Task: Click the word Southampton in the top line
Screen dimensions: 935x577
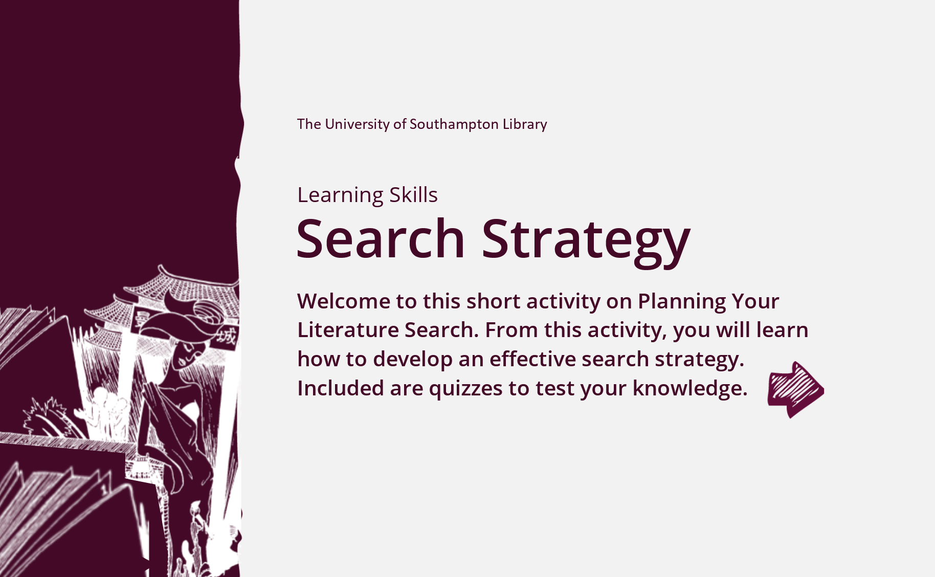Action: (x=454, y=125)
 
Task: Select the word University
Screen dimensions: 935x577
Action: (x=357, y=125)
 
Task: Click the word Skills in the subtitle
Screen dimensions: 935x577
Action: (x=413, y=194)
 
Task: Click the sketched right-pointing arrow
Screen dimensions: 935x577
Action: (x=795, y=390)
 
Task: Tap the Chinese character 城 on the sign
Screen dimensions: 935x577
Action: (x=226, y=338)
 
